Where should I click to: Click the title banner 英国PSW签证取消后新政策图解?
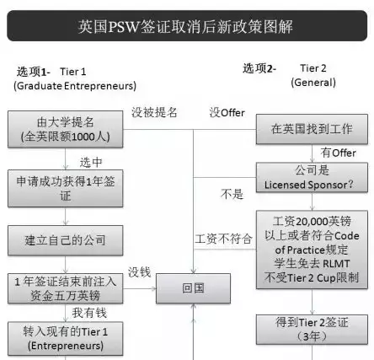click(187, 26)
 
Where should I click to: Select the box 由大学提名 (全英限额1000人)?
click(66, 129)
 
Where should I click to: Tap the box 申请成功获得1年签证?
click(66, 188)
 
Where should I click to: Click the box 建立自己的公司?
click(66, 240)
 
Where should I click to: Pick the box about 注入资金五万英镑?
click(66, 288)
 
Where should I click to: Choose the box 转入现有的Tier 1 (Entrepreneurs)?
click(66, 339)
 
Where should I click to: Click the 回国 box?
click(193, 288)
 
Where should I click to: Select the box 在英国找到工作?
click(312, 129)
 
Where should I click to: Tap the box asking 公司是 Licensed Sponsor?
click(312, 178)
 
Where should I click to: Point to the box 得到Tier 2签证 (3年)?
click(312, 330)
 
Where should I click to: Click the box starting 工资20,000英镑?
click(312, 250)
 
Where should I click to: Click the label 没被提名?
click(154, 112)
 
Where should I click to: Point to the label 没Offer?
click(227, 113)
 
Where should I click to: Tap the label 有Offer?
click(338, 153)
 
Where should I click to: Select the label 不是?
click(232, 194)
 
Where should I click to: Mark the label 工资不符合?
click(223, 239)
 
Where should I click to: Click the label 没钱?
click(140, 272)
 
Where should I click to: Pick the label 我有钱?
click(89, 313)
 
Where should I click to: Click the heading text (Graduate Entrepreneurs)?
click(75, 86)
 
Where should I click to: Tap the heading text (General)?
click(313, 83)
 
